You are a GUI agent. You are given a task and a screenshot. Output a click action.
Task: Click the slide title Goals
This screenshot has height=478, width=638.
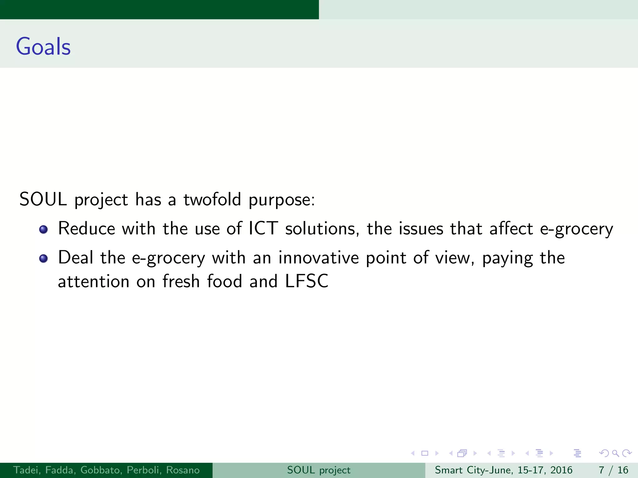[43, 47]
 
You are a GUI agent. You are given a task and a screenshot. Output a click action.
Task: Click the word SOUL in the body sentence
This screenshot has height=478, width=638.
[43, 199]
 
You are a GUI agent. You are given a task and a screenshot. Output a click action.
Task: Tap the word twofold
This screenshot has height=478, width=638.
[212, 199]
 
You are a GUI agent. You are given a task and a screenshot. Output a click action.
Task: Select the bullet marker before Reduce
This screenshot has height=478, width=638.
[44, 230]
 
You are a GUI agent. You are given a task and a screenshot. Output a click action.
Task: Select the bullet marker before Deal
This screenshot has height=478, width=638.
[44, 259]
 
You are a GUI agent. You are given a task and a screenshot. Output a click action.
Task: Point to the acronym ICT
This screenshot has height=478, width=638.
[263, 228]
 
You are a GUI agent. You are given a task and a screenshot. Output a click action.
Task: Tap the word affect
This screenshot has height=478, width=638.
[511, 228]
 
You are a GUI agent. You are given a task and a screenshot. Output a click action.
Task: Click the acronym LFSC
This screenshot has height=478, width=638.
[307, 281]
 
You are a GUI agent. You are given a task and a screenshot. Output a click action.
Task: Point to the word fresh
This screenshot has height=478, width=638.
[181, 281]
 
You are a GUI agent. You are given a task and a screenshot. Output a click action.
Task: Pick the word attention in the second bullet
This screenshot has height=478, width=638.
[93, 281]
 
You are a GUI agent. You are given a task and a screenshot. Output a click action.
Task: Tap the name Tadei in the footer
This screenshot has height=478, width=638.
[27, 470]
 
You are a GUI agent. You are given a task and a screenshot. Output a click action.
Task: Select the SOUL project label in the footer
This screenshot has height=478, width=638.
[319, 470]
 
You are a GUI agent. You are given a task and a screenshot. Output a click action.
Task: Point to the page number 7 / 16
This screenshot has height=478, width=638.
[613, 470]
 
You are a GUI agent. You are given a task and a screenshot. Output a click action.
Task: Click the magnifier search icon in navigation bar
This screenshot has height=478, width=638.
[615, 453]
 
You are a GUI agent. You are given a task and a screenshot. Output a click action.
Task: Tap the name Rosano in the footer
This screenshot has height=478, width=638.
[183, 470]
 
